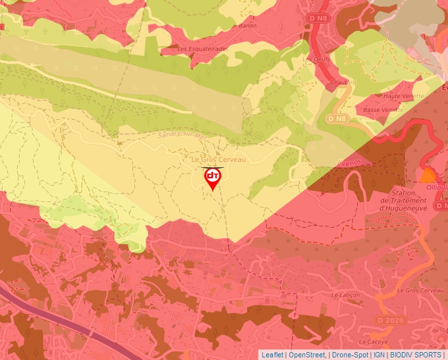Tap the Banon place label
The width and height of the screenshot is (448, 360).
pos(247,26)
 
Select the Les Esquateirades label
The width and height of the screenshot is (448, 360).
pos(202,49)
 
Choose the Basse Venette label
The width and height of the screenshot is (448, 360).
pos(383,110)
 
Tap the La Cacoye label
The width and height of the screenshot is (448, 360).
pos(372,342)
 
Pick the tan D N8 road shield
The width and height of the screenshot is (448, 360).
pos(337,118)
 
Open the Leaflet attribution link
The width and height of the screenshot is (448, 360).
pos(272,355)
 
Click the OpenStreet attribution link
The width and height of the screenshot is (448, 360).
pos(307,355)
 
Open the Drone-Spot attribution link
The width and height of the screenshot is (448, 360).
pos(350,355)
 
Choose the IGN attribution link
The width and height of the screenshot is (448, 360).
pos(379,355)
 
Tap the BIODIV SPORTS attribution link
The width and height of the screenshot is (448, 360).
pos(415,355)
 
